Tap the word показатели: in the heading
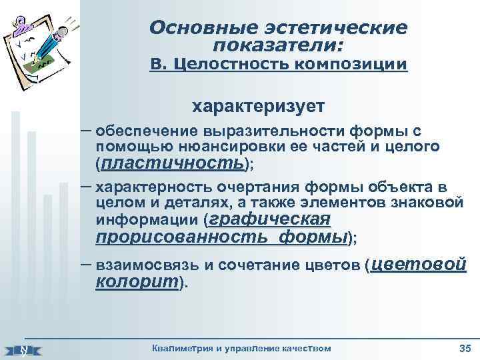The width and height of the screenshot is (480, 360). pyautogui.click(x=279, y=45)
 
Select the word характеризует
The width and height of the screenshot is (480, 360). pyautogui.click(x=259, y=106)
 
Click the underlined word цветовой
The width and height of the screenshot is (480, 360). pyautogui.click(x=418, y=264)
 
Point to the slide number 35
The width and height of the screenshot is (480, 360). pyautogui.click(x=465, y=349)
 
